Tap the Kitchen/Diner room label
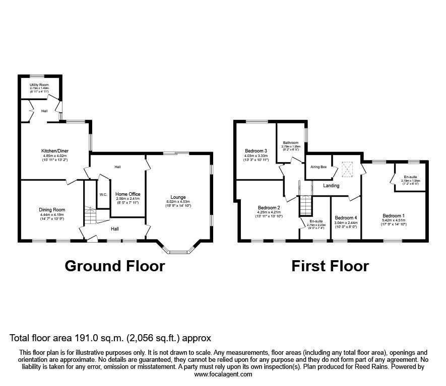54,150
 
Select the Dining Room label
52,210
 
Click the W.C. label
103,194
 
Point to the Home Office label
128,194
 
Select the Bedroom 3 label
256,151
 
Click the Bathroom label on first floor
290,142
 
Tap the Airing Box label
318,167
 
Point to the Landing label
331,186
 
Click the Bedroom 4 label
346,218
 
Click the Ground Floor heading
114,266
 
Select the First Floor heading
330,266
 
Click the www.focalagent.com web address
223,374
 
